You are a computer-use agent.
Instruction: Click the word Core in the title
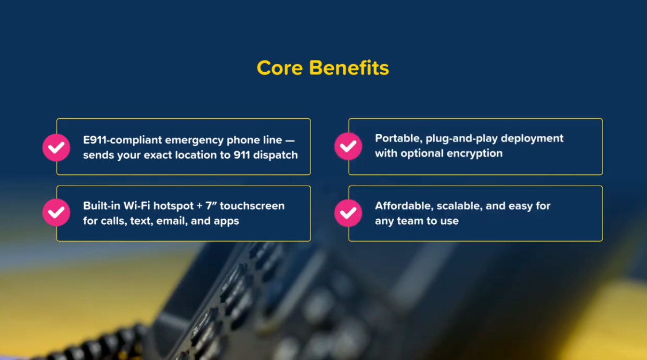tap(280, 68)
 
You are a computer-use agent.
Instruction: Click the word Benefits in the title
tap(349, 68)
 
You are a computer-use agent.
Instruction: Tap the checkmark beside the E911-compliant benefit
tap(56, 148)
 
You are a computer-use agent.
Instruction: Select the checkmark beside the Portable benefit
tap(348, 146)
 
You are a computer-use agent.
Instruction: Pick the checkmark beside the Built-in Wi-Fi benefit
tap(56, 212)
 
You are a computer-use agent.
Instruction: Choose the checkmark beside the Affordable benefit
tap(348, 213)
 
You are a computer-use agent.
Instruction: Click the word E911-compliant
tap(122, 141)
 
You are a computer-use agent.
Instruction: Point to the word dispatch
tap(275, 155)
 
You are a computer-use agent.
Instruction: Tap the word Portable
tap(399, 139)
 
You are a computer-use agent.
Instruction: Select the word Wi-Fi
tap(137, 206)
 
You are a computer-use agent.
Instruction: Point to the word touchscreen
tap(252, 206)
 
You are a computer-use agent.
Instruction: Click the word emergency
tap(194, 141)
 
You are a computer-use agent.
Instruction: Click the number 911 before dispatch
tap(242, 155)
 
